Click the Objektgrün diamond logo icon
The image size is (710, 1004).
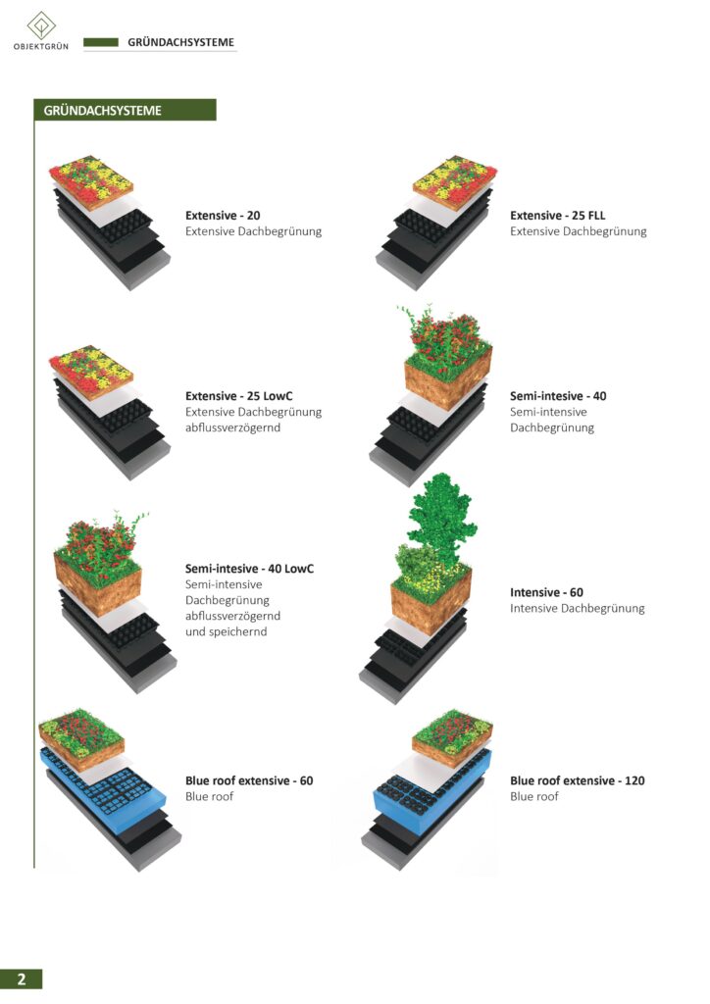coord(41,25)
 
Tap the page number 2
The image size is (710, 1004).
coord(22,979)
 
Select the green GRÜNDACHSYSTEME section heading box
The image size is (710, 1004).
coord(125,110)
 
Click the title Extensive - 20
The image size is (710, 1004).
coord(223,215)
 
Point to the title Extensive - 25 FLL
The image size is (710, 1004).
coord(558,215)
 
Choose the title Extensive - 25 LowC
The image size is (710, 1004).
coord(239,396)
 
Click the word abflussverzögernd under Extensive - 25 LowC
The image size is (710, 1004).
coord(233,427)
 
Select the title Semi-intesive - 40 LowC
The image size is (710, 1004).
coord(250,568)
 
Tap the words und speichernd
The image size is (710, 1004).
coord(226,632)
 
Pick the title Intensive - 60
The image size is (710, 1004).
coord(547,592)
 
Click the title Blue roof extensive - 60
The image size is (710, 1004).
coord(249,780)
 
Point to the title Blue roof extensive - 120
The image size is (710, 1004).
coord(578,780)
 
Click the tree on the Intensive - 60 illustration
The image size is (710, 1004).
coord(440,512)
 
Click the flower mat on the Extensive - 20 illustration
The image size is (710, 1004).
coord(91,181)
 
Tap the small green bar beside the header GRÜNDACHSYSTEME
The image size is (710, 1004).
coord(101,42)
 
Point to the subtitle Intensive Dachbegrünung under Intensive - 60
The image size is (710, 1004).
coord(577,608)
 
